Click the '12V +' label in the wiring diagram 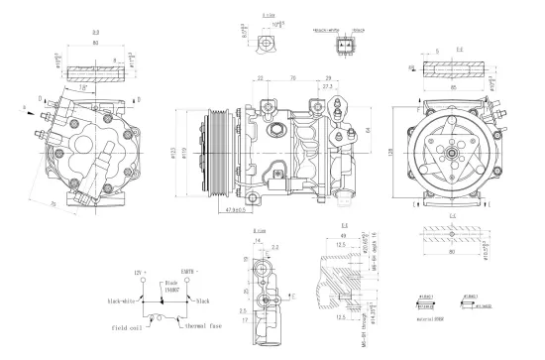139,271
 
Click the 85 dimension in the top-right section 453,88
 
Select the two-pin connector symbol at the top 342,46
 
